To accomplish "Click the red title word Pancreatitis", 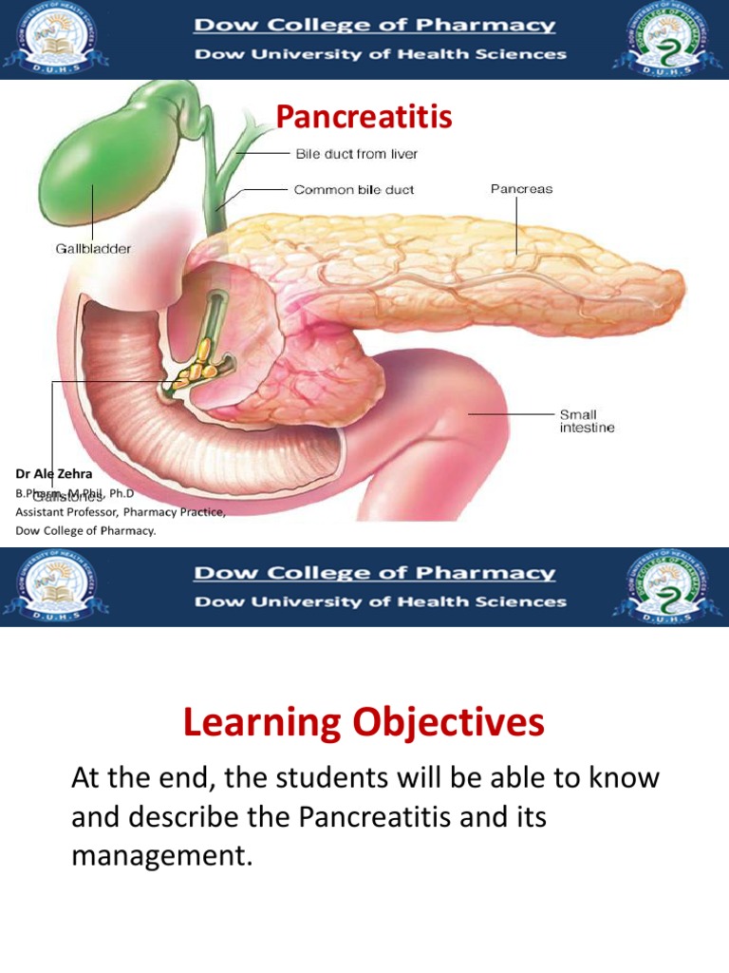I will pos(364,117).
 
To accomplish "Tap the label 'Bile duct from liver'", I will pos(356,154).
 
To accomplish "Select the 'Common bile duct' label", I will pos(353,190).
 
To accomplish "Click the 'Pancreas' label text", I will pos(521,189).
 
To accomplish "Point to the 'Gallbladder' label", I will pos(92,249).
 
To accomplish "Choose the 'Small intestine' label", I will pos(587,421).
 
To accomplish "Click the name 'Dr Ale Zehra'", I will pos(54,473).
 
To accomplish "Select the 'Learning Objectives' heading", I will pos(364,723).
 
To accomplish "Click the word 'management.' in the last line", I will pos(162,856).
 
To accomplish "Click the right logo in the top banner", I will pos(661,38).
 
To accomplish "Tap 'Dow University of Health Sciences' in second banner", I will pos(380,601).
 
